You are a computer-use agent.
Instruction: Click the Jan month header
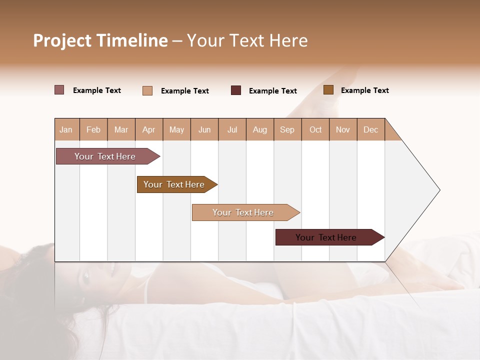click(66, 129)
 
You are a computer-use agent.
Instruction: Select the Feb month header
click(93, 129)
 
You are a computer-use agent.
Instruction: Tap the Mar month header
click(121, 129)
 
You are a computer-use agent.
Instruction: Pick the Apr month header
click(149, 129)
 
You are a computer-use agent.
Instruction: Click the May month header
click(176, 129)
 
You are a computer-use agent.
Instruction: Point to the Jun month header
click(204, 129)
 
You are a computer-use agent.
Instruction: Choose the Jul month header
click(232, 129)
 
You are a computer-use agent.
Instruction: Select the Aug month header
click(260, 129)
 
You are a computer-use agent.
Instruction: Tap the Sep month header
click(287, 129)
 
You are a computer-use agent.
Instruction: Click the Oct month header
click(315, 129)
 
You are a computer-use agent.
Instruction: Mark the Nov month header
click(343, 129)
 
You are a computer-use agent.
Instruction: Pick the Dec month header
click(371, 129)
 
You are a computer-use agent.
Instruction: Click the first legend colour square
click(59, 90)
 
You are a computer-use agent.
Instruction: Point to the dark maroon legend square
click(236, 90)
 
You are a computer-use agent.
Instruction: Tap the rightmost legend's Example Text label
click(364, 90)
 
